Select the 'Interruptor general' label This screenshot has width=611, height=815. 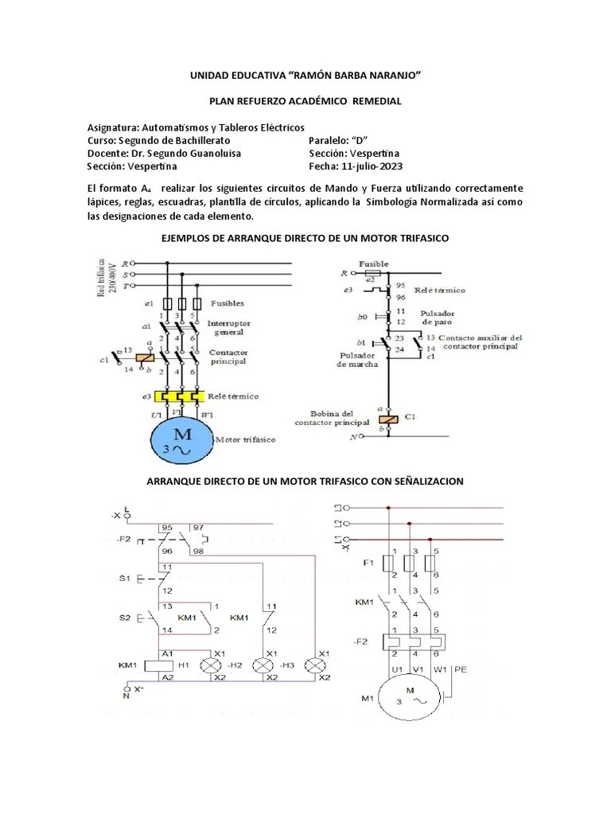(229, 329)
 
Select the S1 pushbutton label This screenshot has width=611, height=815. (126, 578)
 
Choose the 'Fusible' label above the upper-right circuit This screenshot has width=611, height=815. (373, 263)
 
